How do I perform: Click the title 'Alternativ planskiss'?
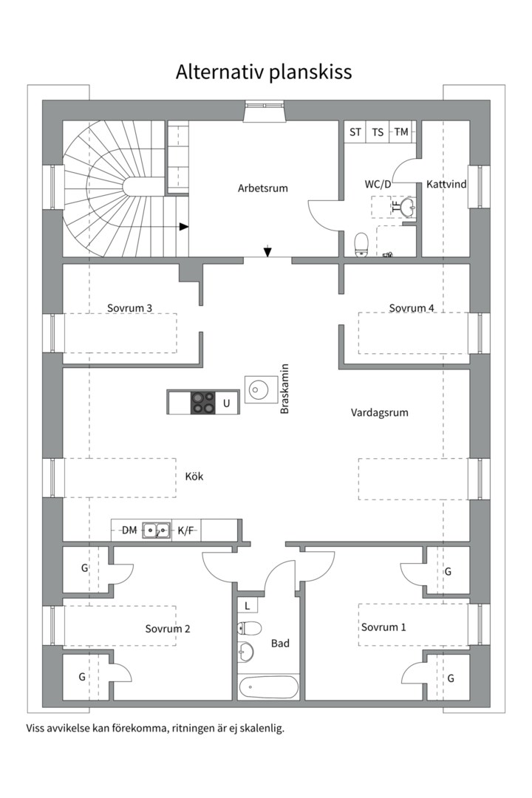point(264,72)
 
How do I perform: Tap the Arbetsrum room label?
point(262,188)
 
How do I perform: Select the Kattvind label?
point(446,184)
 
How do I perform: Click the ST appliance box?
point(355,132)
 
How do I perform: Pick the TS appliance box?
point(378,132)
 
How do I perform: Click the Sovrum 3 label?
point(129,307)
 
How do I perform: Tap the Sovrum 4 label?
point(412,307)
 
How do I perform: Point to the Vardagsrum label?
point(379,413)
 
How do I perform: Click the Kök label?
point(194,477)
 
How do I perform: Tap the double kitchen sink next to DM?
point(157,530)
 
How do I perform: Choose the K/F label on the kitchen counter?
point(186,530)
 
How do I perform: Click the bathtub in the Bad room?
point(268,687)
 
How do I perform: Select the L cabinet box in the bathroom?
point(246,605)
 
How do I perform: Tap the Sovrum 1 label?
point(383,627)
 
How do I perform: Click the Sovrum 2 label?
point(168,629)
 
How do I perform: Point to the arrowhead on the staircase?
point(184,227)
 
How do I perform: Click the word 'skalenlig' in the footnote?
point(262,728)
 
